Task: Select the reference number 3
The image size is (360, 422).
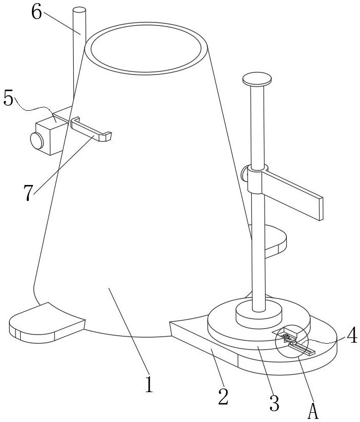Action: [x=274, y=402]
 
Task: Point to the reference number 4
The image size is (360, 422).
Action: [x=352, y=336]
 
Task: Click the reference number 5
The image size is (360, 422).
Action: [x=8, y=98]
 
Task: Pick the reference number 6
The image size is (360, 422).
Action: [x=37, y=12]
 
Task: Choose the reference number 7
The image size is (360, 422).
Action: [x=28, y=193]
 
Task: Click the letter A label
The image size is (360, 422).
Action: [x=313, y=411]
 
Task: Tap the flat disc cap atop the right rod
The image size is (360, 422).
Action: [x=257, y=79]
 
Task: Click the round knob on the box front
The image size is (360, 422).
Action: [x=37, y=141]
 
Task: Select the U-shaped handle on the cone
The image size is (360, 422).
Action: [x=91, y=129]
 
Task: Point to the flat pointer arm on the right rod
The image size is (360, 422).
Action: [x=292, y=195]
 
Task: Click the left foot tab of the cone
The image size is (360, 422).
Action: [x=47, y=323]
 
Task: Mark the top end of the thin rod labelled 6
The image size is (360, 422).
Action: [x=79, y=11]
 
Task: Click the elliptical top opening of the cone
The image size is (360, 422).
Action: [x=146, y=48]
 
